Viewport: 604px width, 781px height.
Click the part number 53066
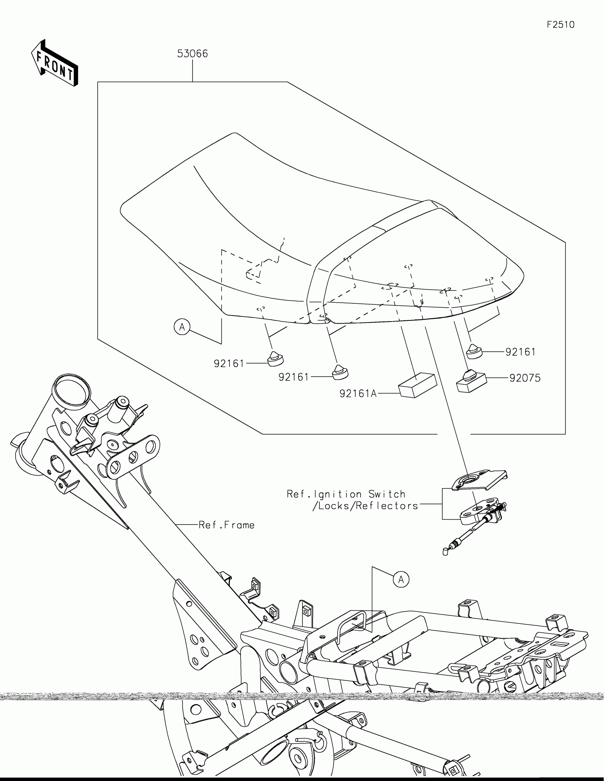point(193,54)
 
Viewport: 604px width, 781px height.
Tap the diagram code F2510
point(560,25)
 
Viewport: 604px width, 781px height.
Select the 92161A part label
point(358,394)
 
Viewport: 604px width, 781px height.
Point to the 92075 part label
point(525,378)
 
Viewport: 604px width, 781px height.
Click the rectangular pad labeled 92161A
point(417,385)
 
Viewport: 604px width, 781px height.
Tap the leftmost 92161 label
point(229,364)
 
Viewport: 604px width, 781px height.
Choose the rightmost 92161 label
point(521,352)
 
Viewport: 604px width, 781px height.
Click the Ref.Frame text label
point(226,525)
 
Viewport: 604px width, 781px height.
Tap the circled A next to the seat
point(182,327)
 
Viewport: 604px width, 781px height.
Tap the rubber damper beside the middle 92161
point(340,373)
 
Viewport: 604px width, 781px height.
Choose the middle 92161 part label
point(293,377)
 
